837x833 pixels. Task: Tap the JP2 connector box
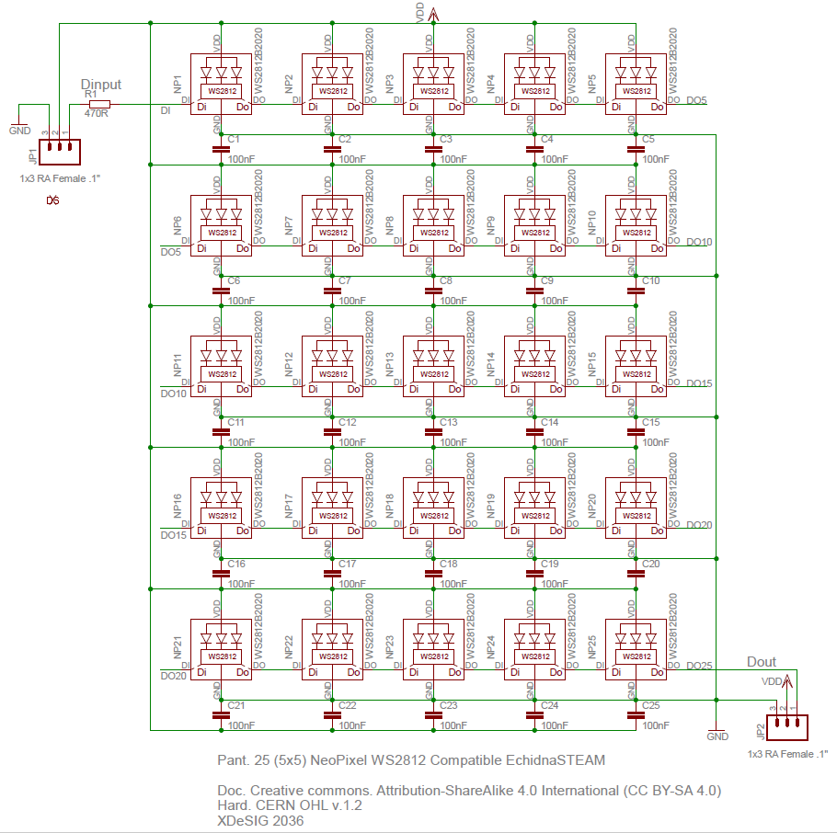pos(789,726)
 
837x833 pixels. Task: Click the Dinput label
pos(101,85)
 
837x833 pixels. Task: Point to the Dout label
pos(761,662)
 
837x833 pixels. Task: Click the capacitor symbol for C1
pos(221,147)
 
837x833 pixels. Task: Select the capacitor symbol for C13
pos(432,430)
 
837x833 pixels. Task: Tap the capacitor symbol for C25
pos(635,713)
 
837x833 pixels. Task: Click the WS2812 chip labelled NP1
pos(221,86)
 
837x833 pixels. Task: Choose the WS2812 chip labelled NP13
pos(432,368)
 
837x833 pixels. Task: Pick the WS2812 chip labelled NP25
pos(636,651)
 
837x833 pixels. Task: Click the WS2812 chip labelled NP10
pos(636,226)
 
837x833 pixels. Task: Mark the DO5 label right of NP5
pos(696,100)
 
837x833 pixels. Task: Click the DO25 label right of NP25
pos(699,666)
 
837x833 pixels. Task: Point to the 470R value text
pos(96,114)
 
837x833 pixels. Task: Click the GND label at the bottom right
pos(717,736)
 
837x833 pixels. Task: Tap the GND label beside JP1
pos(19,131)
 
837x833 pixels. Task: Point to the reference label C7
pos(345,280)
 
